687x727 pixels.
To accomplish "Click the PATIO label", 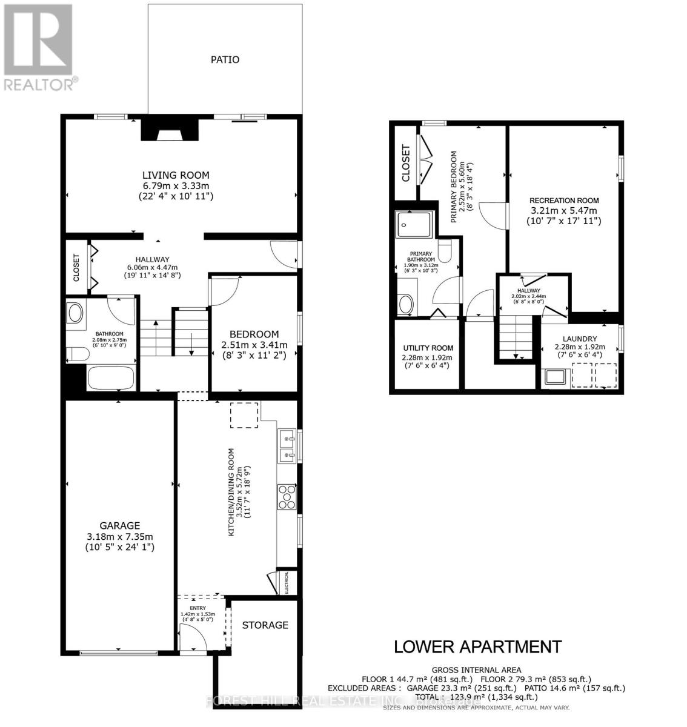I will coord(225,59).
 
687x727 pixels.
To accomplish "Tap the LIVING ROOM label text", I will coord(176,175).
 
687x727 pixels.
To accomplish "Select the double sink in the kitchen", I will coord(287,445).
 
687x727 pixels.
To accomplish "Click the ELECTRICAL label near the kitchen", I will coord(287,583).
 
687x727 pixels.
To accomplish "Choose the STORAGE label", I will coord(265,625).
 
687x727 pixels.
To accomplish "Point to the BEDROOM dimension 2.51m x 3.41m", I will coord(254,345).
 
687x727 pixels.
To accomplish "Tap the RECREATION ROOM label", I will coord(563,201).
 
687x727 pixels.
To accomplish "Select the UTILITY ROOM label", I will coord(428,348).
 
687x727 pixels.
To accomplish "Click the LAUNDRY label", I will coord(579,339).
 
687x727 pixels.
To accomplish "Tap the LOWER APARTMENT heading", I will coord(477,646).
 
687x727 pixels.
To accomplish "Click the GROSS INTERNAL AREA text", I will coord(476,669).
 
